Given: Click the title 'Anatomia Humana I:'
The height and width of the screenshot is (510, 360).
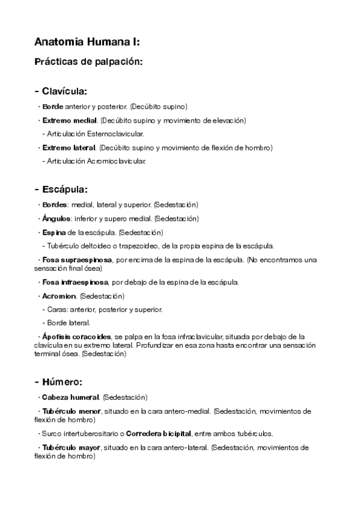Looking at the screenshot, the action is coord(88,42).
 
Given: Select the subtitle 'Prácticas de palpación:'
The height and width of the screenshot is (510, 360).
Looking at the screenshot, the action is coord(89,61).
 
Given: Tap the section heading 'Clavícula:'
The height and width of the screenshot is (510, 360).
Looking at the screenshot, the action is coord(64,91).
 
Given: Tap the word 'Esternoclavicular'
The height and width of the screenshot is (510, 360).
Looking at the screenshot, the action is coord(115,134).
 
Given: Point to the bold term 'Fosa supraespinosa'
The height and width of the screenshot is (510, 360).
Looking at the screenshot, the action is coord(78,260).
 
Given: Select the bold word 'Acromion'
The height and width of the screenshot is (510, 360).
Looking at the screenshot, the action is coord(59,296).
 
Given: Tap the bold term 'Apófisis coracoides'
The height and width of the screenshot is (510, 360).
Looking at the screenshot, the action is coord(77,337).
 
